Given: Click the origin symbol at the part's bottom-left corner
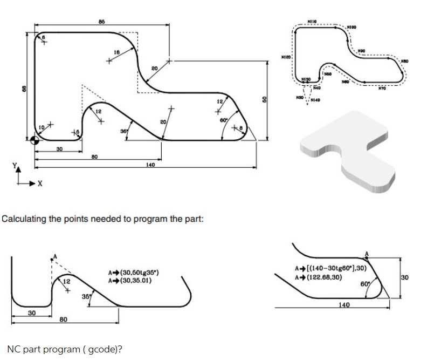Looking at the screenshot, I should click(35, 141).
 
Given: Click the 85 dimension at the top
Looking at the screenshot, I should click(101, 21).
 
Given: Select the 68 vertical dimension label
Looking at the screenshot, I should click(22, 87).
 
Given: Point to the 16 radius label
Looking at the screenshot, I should click(116, 52).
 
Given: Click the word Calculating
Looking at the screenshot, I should click(24, 220).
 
